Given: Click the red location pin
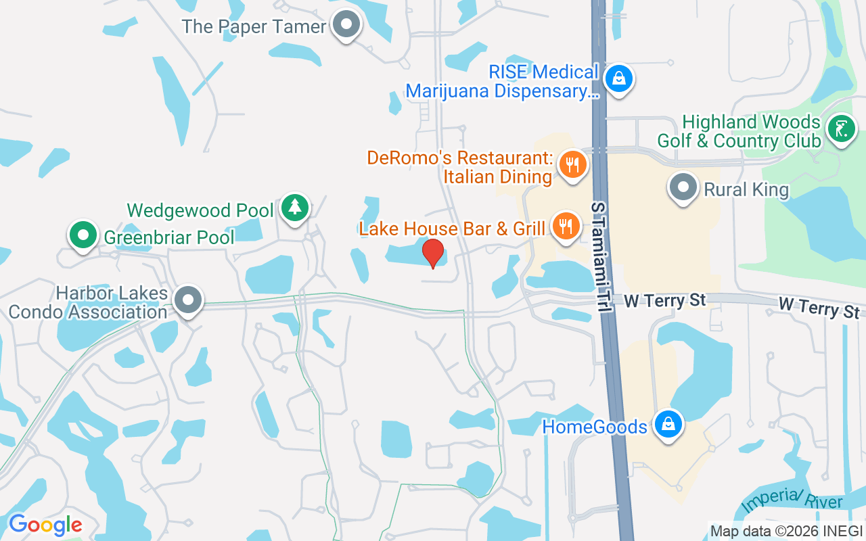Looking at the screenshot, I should (433, 253).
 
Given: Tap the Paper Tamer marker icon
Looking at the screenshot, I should (346, 25).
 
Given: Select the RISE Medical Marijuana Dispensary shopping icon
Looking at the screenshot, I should (618, 78).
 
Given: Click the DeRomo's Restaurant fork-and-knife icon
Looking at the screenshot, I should (572, 164).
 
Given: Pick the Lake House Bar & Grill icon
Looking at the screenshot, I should (566, 226).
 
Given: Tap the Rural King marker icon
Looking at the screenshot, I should (683, 187).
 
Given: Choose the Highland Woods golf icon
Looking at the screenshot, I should (841, 128).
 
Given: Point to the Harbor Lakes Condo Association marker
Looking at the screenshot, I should (188, 300).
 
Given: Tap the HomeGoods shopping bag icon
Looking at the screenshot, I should (668, 424).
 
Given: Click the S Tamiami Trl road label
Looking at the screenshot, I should (598, 257).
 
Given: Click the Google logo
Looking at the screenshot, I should (45, 525).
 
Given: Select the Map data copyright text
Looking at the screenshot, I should (785, 531).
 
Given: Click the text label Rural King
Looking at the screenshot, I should (746, 189).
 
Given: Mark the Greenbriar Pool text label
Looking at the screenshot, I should (169, 237).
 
